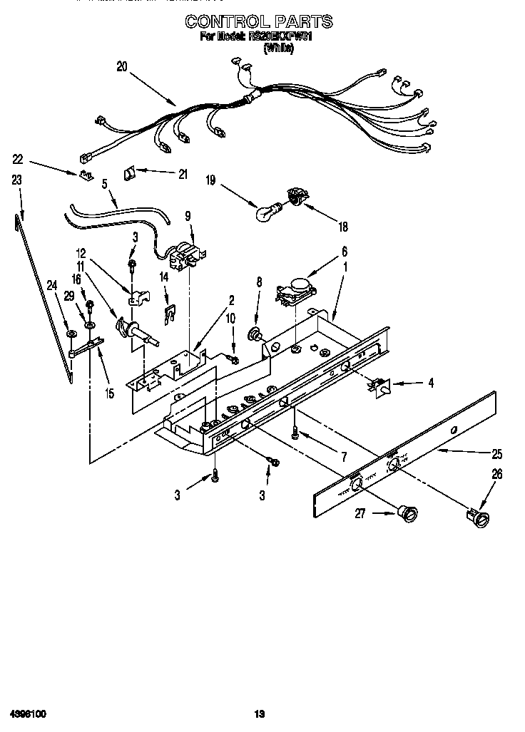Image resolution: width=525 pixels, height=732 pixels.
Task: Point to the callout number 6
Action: coord(344,251)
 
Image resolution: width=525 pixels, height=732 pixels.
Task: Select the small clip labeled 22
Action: coord(86,175)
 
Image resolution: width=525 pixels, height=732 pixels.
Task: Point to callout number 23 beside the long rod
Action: coord(16,181)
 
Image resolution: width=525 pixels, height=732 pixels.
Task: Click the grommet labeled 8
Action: coord(254,332)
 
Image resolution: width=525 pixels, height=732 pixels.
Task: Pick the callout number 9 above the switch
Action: coord(188,216)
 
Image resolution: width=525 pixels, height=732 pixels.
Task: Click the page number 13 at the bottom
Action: coord(260,713)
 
